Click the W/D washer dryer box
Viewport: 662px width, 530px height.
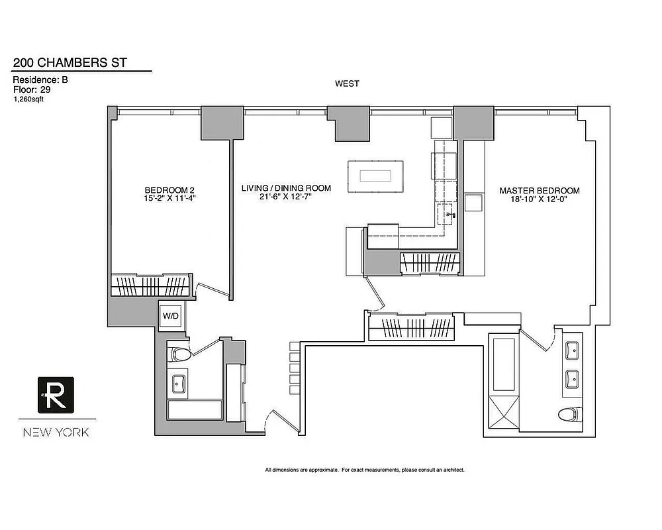coord(171,316)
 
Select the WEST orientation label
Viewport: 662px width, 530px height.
coord(347,83)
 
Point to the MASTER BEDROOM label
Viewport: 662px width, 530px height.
coord(539,193)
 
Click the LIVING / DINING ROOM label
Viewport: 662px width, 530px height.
coord(286,193)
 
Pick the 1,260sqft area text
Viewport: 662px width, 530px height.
coord(29,99)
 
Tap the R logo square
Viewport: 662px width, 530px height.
coord(56,395)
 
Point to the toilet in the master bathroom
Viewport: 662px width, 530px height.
coord(568,415)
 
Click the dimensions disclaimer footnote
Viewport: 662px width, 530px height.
coord(365,470)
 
